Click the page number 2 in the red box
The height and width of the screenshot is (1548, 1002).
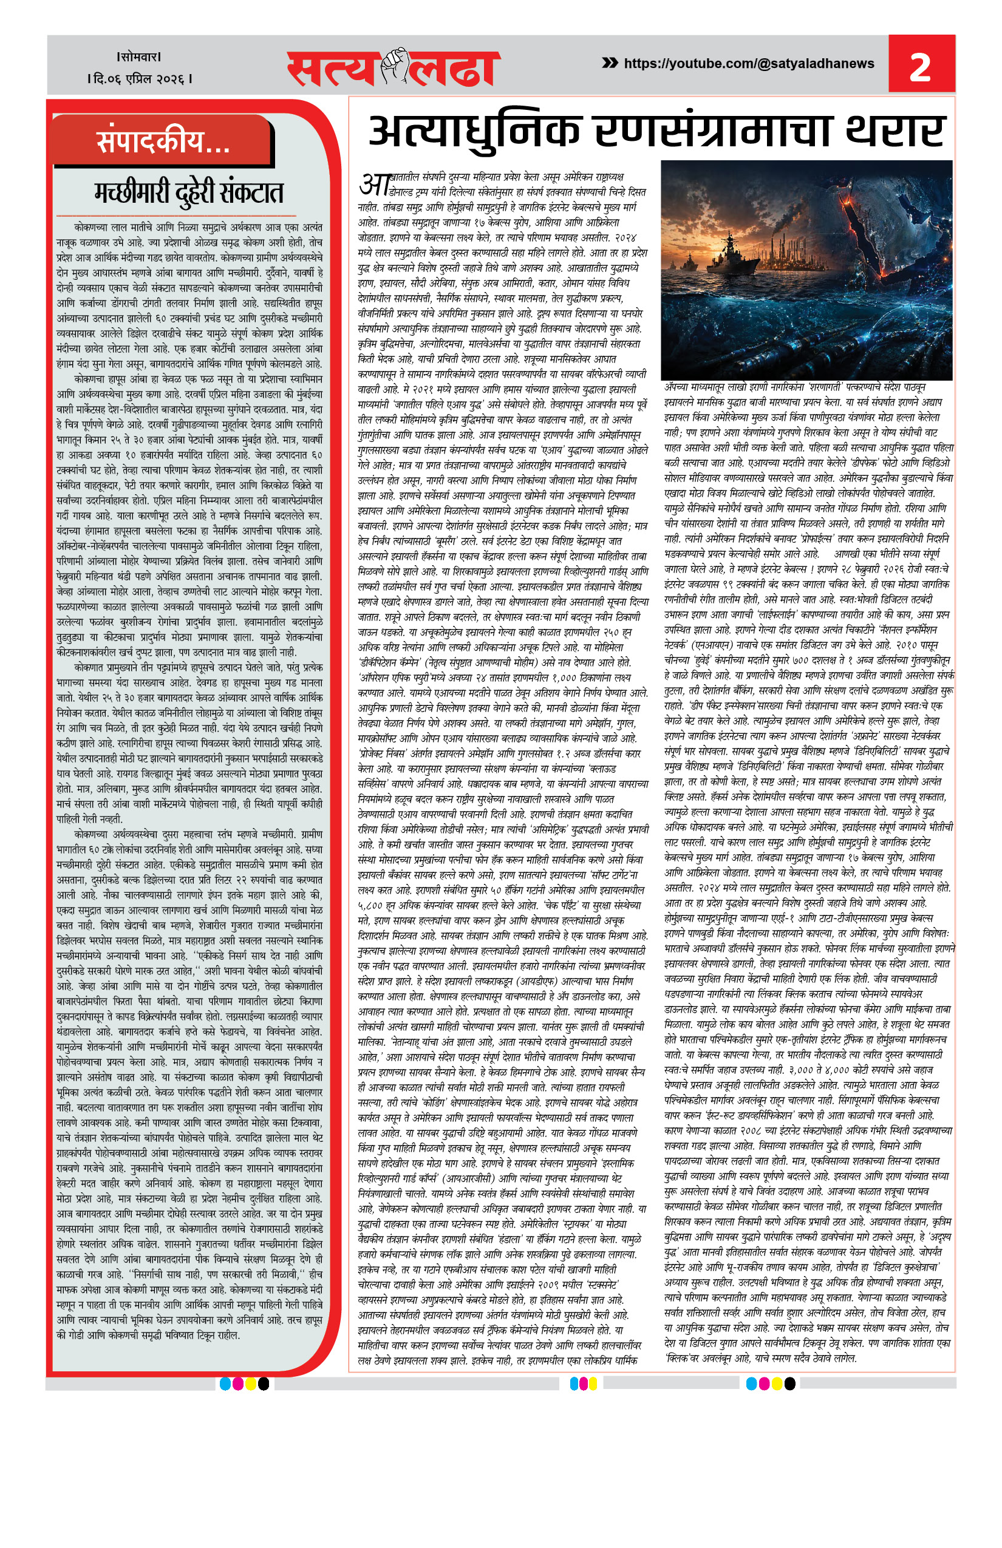920,66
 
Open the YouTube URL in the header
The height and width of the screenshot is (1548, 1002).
748,64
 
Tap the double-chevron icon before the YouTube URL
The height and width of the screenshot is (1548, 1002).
610,63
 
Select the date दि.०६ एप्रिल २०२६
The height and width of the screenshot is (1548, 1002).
139,79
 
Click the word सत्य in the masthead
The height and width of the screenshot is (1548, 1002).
332,70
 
